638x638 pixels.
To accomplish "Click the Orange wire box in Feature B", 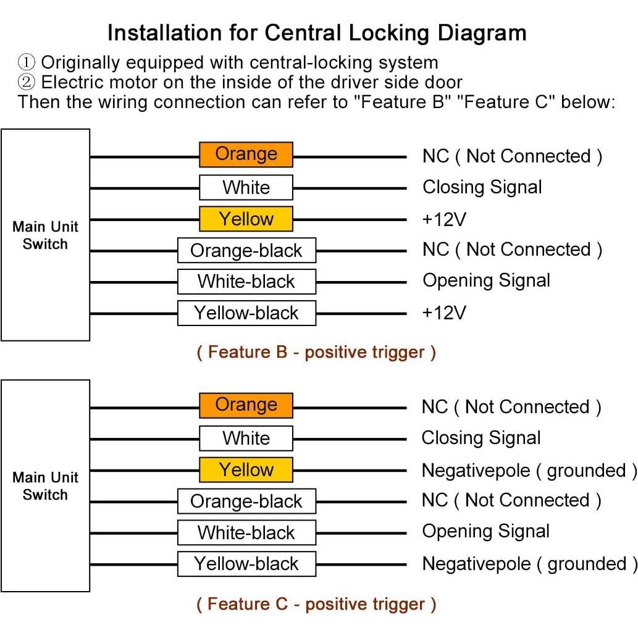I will (x=246, y=154).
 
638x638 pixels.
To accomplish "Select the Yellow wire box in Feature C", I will (x=246, y=470).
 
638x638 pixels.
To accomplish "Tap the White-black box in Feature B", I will (x=246, y=282).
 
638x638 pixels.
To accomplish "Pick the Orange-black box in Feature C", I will (x=246, y=501).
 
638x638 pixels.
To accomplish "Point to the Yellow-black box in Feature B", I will (x=246, y=313).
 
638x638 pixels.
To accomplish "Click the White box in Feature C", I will (x=246, y=439).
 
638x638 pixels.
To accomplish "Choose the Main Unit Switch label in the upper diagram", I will (x=45, y=235).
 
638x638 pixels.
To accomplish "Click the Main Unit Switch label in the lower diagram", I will (x=45, y=486).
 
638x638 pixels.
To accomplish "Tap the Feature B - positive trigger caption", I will (x=316, y=353).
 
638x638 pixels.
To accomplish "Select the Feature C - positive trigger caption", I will (x=316, y=604).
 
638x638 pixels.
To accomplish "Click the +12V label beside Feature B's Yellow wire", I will (x=443, y=219).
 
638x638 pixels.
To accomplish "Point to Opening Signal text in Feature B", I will (x=486, y=280).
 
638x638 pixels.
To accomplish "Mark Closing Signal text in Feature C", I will (x=481, y=438).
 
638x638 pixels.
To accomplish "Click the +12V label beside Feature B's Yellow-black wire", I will (x=443, y=313).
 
